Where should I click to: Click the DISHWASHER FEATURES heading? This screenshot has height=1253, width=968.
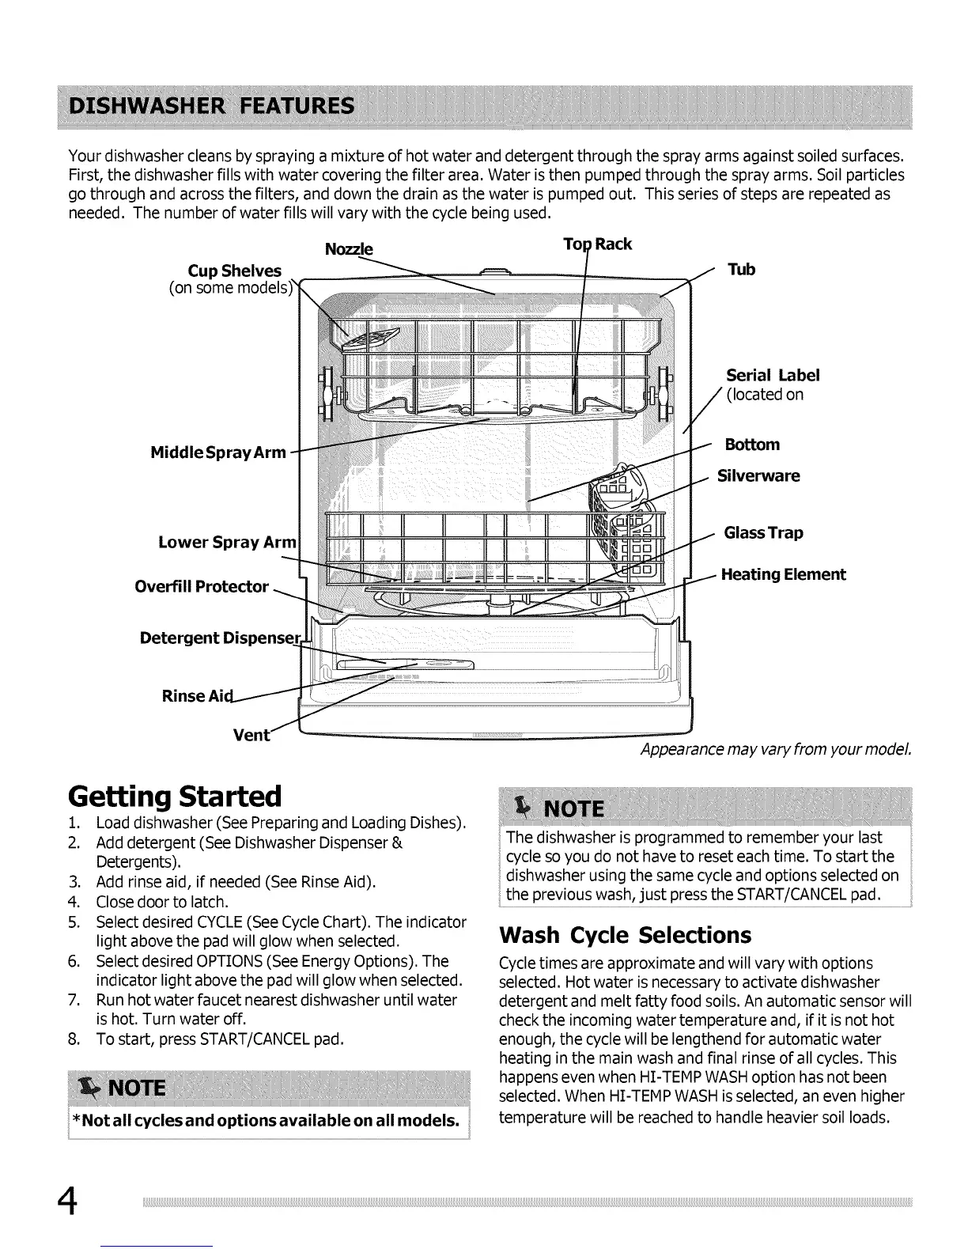coord(211,106)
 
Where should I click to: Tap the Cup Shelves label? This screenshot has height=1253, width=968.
coord(234,271)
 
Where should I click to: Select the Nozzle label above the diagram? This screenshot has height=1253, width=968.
coord(349,249)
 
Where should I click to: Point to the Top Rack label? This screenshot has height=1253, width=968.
coord(597,244)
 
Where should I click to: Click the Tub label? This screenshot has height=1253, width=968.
coord(741,270)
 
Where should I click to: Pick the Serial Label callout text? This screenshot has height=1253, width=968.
coord(772,375)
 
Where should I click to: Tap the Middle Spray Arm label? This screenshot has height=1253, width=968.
coord(217,452)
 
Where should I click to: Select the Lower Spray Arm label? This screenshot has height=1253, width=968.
coord(227,542)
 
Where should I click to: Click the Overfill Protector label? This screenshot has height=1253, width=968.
coord(202,586)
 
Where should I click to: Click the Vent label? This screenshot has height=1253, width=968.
coord(251,735)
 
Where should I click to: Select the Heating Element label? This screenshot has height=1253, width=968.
coord(782,574)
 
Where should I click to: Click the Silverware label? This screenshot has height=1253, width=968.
coord(758,475)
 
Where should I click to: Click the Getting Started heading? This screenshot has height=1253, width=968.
coord(175,795)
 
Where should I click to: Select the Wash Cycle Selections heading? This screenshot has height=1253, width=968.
coord(625,935)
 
